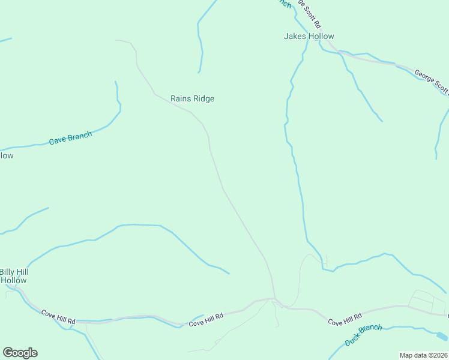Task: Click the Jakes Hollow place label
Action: coord(309,37)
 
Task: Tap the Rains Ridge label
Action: coord(192,99)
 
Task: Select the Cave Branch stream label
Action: coord(70,139)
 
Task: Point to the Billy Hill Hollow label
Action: coord(14,276)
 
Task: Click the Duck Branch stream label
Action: coord(363,335)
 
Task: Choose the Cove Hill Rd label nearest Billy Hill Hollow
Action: coord(58,317)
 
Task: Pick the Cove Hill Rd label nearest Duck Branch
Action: coord(345,319)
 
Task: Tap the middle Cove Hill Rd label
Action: coord(206,319)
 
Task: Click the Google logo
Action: coord(20,353)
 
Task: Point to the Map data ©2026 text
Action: coord(423,355)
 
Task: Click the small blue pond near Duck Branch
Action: coord(441,336)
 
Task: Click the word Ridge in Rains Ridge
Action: coord(203,99)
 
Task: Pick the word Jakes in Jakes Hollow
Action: coord(295,37)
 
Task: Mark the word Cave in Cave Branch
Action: coord(58,141)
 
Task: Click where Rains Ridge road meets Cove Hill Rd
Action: coord(274,298)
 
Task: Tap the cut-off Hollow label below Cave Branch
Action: coord(6,156)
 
